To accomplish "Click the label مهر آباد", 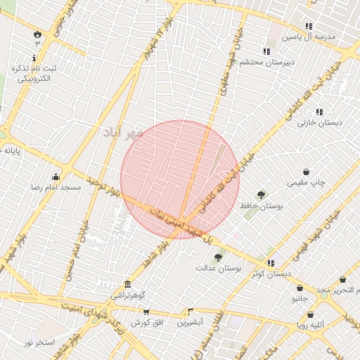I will [124, 133].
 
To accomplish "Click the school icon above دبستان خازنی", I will [319, 112].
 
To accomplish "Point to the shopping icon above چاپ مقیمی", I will [307, 172].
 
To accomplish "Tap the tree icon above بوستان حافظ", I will [261, 195].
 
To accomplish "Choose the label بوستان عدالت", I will [218, 268].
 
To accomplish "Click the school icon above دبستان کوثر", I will [271, 263].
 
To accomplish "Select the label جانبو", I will [300, 299].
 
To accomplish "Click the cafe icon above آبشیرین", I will [191, 311].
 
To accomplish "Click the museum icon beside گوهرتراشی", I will [127, 284].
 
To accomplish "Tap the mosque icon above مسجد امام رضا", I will [56, 176].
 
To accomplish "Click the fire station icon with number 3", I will [37, 33].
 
